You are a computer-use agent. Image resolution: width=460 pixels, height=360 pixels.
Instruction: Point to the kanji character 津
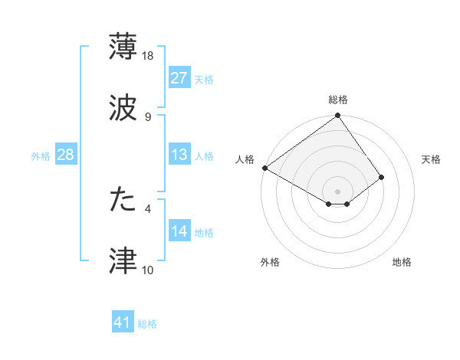(123, 260)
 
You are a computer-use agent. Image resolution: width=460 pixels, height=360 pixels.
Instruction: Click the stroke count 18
(148, 56)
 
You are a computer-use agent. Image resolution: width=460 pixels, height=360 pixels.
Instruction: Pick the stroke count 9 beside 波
(147, 116)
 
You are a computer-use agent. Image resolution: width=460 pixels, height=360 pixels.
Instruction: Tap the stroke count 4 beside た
(147, 208)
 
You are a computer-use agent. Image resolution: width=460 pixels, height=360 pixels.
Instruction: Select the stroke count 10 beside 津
(148, 270)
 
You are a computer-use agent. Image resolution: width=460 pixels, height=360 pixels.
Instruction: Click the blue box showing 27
(179, 78)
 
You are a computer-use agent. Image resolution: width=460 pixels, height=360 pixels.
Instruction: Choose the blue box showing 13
(179, 155)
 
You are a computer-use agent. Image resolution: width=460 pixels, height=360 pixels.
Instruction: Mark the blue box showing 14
(179, 231)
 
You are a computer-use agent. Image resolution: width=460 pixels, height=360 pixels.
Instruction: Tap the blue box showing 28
(66, 155)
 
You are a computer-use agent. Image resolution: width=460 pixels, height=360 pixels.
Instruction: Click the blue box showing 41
(123, 323)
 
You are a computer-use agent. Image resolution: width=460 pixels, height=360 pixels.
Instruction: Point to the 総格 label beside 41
(147, 324)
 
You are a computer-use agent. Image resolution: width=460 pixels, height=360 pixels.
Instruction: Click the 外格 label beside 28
(41, 156)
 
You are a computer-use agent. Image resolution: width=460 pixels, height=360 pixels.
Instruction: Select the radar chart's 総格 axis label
(338, 100)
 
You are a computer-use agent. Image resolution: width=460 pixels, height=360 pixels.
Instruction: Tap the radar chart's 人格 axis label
(245, 159)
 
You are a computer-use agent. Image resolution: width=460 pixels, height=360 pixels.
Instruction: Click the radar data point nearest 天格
(381, 178)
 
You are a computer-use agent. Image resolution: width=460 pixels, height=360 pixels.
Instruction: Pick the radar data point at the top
(338, 116)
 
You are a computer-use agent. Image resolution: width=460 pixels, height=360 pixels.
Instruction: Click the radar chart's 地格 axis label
(402, 263)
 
